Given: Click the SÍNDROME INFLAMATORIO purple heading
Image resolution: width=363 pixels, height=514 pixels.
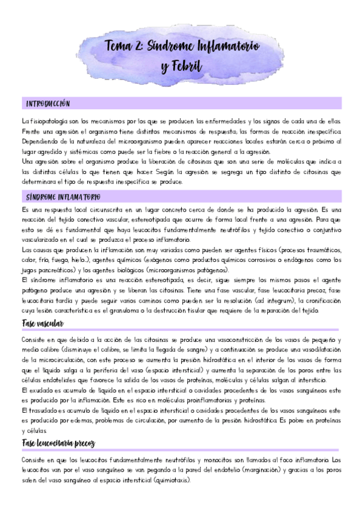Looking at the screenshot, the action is (x=64, y=197).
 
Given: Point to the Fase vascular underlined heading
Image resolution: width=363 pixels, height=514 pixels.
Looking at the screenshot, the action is (x=44, y=324).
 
